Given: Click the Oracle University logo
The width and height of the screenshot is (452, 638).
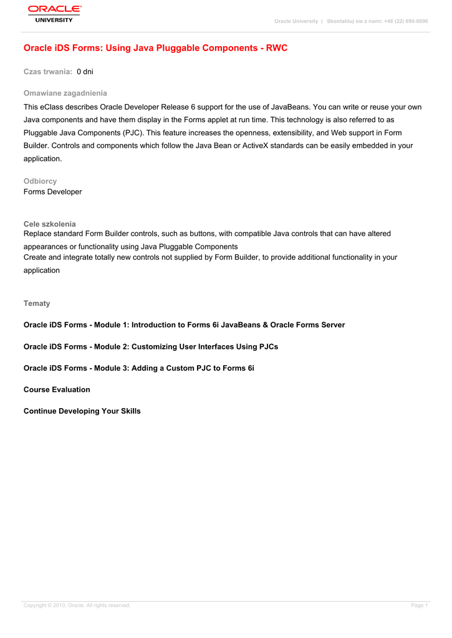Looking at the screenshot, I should (54, 13).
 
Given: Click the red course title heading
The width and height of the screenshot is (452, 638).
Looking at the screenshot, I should (155, 48).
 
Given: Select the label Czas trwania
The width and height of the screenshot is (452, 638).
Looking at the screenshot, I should (48, 72).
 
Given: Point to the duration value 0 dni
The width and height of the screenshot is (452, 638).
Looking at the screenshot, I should (85, 72).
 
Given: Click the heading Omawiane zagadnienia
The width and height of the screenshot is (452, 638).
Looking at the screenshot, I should (65, 93).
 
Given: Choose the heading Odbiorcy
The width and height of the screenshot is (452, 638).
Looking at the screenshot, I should (40, 181).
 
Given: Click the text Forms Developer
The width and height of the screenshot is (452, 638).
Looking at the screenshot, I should (52, 192).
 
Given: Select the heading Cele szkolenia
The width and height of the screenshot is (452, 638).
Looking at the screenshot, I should (49, 224).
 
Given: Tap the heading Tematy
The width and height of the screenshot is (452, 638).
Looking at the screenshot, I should (37, 303).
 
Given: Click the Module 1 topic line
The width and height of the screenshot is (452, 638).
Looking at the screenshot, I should (184, 325).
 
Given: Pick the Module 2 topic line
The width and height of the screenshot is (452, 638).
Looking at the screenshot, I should (150, 346).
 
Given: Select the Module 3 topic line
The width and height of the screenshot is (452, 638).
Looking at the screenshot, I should (138, 368).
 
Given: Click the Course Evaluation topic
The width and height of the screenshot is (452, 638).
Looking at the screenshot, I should (57, 389).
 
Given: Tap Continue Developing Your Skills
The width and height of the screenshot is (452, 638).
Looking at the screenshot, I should (82, 411).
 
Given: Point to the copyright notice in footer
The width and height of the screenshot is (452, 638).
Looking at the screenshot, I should (77, 606).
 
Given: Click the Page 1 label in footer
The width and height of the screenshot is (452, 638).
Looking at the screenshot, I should (419, 606).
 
